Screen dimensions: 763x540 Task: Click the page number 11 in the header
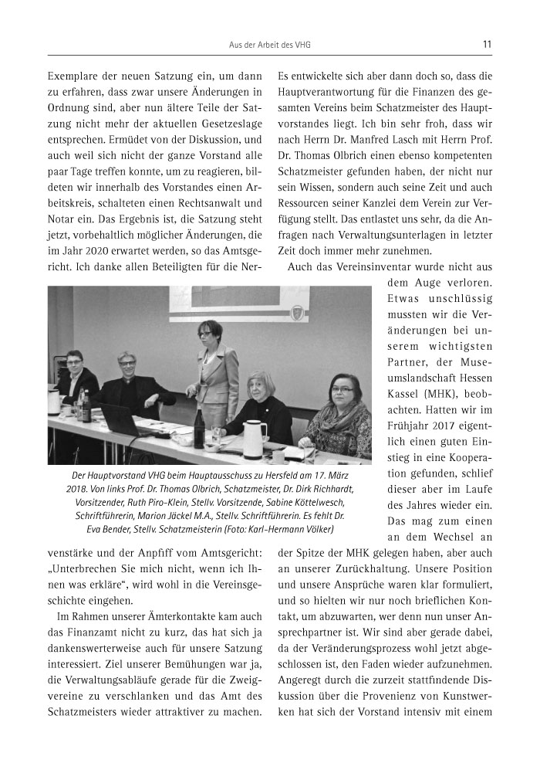point(487,45)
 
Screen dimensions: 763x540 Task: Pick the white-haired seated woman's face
point(258,384)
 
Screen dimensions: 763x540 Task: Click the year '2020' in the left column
point(98,247)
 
